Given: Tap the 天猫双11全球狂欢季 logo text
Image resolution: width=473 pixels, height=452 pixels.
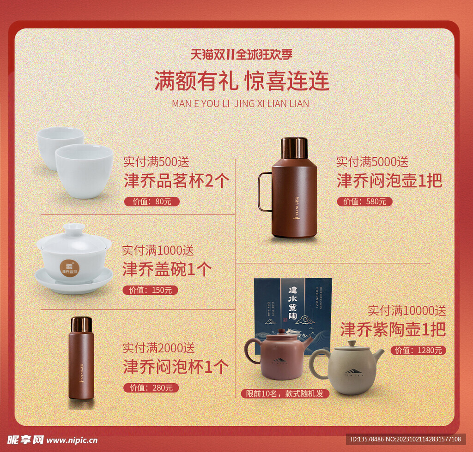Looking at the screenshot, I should point(241,54).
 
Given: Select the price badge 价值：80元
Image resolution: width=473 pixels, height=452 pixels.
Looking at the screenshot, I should point(152,202).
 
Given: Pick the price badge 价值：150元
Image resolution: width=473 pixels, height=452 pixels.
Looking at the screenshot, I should point(150,290).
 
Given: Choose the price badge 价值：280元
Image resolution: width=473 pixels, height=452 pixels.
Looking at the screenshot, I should point(151,387).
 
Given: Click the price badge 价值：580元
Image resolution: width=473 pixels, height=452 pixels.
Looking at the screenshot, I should point(364,202).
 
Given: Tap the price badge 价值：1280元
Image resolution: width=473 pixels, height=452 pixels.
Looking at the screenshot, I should point(418,351).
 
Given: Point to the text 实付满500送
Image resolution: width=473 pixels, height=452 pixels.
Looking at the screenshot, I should point(156,162).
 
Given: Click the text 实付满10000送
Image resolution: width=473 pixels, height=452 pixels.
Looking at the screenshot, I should point(406,310).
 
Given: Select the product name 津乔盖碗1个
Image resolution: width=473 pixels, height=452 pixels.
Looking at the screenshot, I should point(167,269).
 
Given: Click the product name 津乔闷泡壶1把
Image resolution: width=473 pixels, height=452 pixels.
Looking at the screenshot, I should point(389,180).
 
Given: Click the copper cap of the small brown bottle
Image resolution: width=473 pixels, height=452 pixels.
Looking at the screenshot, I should point(81,323).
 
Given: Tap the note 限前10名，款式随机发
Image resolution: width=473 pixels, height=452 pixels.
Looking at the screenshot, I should point(285,393).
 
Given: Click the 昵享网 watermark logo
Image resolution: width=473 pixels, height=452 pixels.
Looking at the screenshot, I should point(25,440).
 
